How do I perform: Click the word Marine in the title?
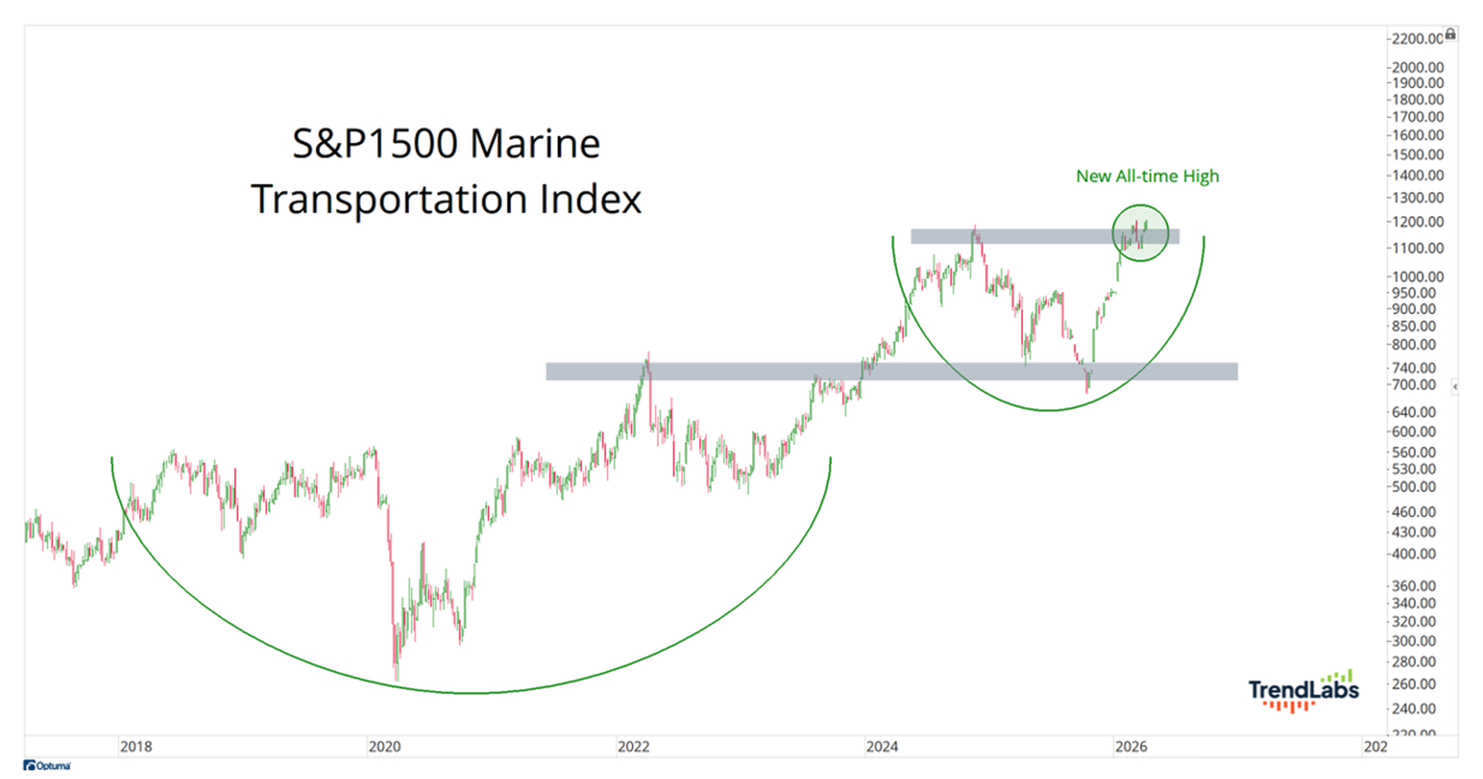click(x=534, y=143)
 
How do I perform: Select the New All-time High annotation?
click(x=1147, y=176)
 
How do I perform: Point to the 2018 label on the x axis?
click(x=136, y=747)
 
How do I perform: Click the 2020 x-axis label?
click(x=384, y=747)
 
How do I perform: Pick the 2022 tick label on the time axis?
click(x=633, y=747)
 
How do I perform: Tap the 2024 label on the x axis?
click(x=882, y=747)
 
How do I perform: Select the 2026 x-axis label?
click(x=1131, y=747)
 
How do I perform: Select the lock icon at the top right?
click(x=1450, y=34)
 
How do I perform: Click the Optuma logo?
click(x=48, y=765)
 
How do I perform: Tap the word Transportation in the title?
click(x=389, y=199)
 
